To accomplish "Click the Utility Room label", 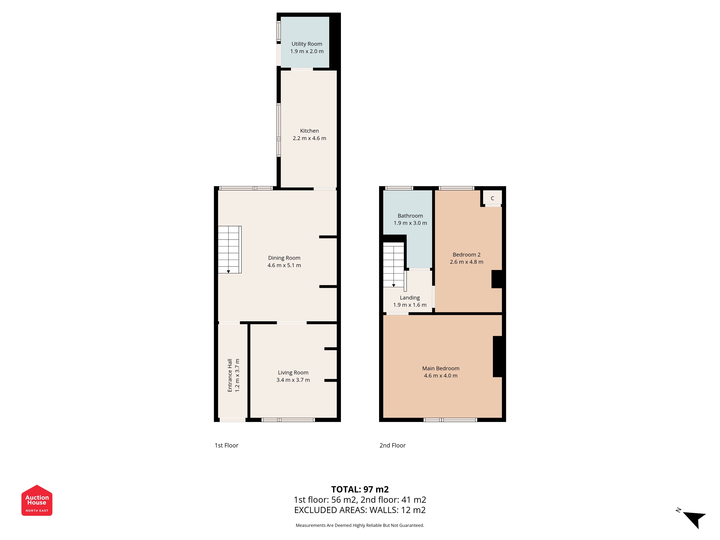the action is coord(307,44).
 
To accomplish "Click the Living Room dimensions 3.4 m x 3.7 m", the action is coord(293,380).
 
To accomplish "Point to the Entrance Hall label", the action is coord(230,375).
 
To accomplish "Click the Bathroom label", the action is coord(410,216).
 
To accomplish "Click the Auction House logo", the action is coord(37,500).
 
